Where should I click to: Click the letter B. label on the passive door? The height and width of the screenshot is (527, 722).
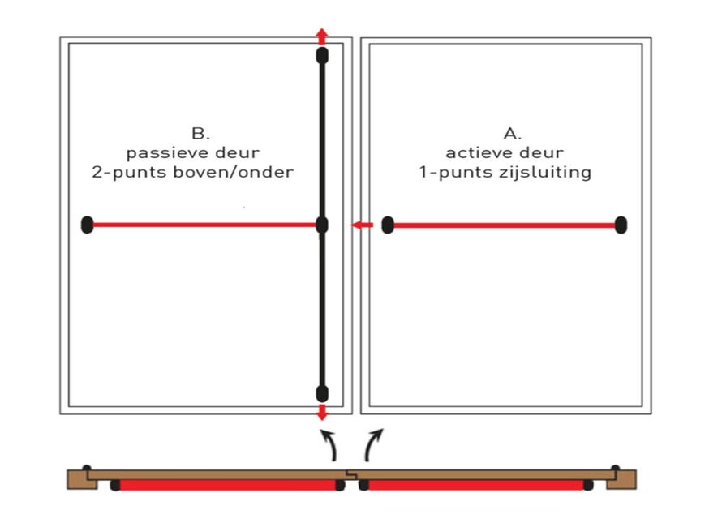pos(200,134)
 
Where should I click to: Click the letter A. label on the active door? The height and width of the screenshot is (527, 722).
pos(513,134)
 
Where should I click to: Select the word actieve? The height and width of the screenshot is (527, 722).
pos(478,152)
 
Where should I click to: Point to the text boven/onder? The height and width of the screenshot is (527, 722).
pos(234,172)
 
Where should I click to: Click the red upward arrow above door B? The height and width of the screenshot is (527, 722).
pos(322,36)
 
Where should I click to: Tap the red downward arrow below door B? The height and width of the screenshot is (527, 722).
pos(322,413)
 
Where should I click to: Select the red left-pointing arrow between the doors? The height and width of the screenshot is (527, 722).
pos(363,225)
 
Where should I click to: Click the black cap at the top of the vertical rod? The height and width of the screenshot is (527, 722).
pos(322,55)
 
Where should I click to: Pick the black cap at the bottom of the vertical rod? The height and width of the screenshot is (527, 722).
pos(322,394)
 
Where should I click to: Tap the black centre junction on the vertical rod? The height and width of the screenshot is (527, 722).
pos(322,225)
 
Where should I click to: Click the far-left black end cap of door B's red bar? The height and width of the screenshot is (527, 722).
pos(87,225)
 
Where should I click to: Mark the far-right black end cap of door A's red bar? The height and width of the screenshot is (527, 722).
pos(621,225)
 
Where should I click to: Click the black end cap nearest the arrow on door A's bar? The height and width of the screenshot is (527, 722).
pos(388,225)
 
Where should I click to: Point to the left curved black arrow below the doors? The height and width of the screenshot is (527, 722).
pos(329,444)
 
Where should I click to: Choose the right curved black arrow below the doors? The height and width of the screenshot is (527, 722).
pos(372,444)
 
